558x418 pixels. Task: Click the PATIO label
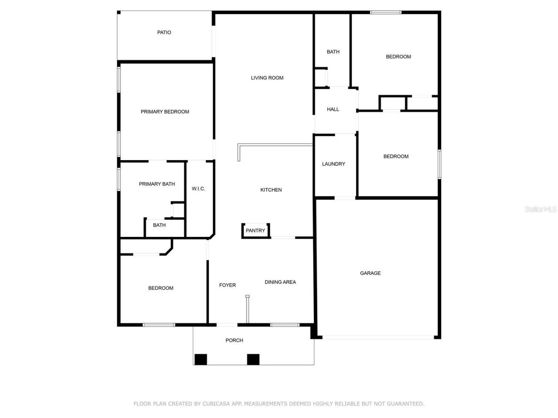pyautogui.click(x=164, y=32)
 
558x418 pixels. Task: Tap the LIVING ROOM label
pyautogui.click(x=267, y=78)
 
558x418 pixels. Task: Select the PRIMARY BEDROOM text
pyautogui.click(x=165, y=112)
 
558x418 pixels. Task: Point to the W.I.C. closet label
pyautogui.click(x=198, y=189)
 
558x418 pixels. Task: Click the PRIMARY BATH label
pyautogui.click(x=157, y=184)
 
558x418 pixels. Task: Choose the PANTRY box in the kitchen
pyautogui.click(x=255, y=230)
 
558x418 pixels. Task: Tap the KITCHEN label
pyautogui.click(x=271, y=190)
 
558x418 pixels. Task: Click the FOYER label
pyautogui.click(x=227, y=285)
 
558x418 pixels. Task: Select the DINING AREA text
pyautogui.click(x=280, y=282)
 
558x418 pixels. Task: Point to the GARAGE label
pyautogui.click(x=370, y=273)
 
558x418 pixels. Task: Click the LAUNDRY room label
pyautogui.click(x=333, y=164)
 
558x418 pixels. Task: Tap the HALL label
pyautogui.click(x=333, y=109)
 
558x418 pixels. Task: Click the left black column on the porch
pyautogui.click(x=201, y=359)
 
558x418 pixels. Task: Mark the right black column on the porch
pyautogui.click(x=253, y=359)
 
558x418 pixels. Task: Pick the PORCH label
pyautogui.click(x=234, y=340)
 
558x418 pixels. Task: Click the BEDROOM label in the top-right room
pyautogui.click(x=398, y=57)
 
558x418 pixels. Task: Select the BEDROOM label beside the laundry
pyautogui.click(x=396, y=156)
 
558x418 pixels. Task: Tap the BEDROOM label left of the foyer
pyautogui.click(x=160, y=288)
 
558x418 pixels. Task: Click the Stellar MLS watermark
pyautogui.click(x=540, y=209)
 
